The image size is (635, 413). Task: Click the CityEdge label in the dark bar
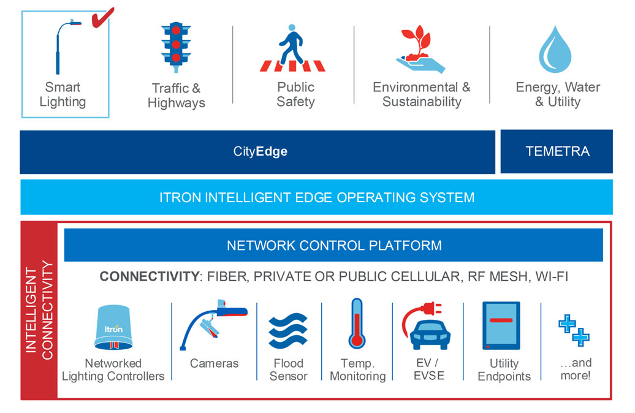[260, 151]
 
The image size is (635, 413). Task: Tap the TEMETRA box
[557, 151]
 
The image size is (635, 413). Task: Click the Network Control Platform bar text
[334, 246]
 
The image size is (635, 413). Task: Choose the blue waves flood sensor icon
[288, 330]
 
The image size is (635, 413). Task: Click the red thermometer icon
[357, 324]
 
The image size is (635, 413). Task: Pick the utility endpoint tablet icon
[501, 325]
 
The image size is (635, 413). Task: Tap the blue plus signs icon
[574, 328]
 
